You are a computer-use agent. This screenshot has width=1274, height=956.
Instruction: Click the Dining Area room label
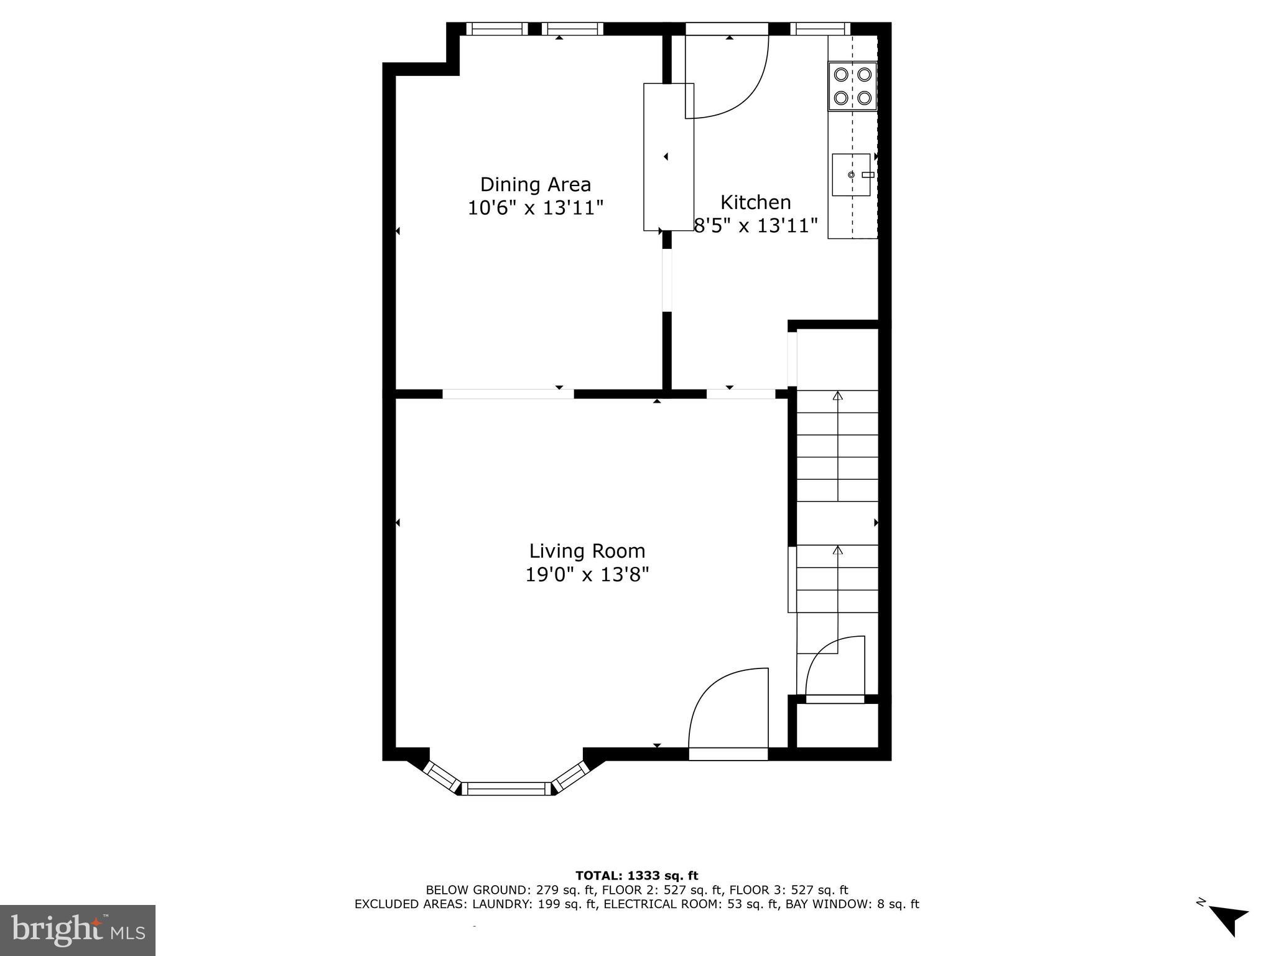535,185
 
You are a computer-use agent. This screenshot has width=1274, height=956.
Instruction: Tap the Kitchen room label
755,202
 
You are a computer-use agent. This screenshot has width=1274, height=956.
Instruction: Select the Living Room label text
587,551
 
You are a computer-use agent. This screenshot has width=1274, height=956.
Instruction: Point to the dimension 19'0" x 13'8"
587,574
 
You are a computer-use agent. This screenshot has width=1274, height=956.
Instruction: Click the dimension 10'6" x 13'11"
535,208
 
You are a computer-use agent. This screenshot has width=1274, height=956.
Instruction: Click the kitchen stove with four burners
852,86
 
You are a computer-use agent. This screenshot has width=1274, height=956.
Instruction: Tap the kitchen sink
851,174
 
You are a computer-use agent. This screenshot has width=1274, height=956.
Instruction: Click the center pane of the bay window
506,789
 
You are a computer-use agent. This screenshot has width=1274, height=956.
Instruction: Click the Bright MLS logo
78,930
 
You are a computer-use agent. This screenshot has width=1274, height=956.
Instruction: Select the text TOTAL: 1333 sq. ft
636,876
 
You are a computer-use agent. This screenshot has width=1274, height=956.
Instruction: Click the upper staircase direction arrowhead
837,395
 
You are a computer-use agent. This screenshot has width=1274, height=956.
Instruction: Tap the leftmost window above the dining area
496,28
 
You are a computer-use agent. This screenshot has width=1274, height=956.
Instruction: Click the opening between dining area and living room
508,393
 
